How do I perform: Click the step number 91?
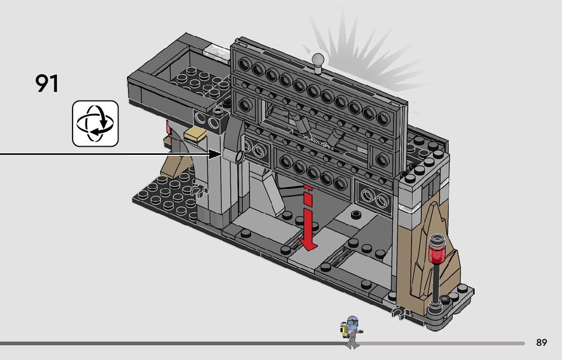[x=47, y=84]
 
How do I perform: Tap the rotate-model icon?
[x=95, y=123]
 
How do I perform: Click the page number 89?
[x=541, y=343]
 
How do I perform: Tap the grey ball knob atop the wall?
[x=319, y=60]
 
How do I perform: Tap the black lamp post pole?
[x=436, y=282]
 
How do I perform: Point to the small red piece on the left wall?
[x=166, y=126]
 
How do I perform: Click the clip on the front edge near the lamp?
[x=398, y=311]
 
